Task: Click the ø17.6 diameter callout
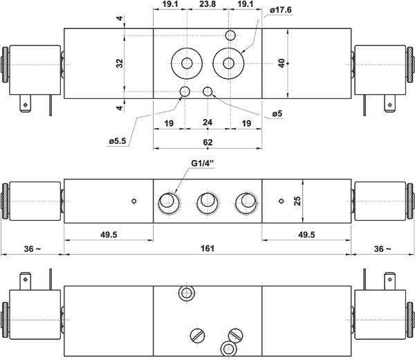[x=281, y=10]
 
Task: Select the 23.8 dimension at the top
[x=207, y=4]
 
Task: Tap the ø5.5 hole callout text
[x=118, y=141]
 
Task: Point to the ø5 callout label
[x=277, y=114]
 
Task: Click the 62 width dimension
[x=207, y=142]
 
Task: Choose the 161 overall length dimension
[x=207, y=249]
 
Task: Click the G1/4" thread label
[x=202, y=163]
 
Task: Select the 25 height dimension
[x=297, y=201]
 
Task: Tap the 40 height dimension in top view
[x=282, y=63]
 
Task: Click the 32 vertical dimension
[x=120, y=63]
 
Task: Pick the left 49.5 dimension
[x=109, y=235]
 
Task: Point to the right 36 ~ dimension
[x=382, y=249]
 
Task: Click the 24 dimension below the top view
[x=207, y=123]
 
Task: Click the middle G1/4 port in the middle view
[x=207, y=203]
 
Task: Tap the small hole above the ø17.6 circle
[x=230, y=35]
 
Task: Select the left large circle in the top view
[x=187, y=63]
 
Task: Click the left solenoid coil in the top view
[x=35, y=70]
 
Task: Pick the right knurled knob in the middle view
[x=409, y=201]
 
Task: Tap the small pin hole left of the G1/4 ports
[x=134, y=201]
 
